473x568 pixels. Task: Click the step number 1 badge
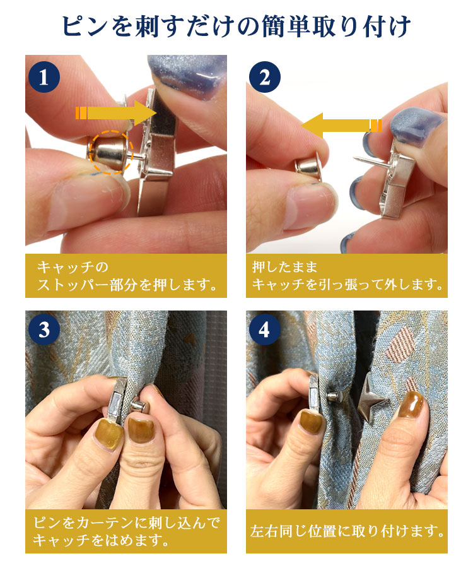point(44,77)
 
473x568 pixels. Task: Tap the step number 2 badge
point(264,77)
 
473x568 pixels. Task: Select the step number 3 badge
point(44,329)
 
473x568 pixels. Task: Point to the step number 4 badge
point(264,329)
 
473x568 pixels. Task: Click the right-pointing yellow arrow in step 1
point(116,113)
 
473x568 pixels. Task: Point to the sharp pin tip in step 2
point(354,157)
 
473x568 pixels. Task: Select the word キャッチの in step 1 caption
point(73,268)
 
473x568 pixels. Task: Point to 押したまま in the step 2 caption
point(284,268)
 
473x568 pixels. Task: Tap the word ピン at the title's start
point(85,26)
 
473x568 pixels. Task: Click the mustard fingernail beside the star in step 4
point(411,405)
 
